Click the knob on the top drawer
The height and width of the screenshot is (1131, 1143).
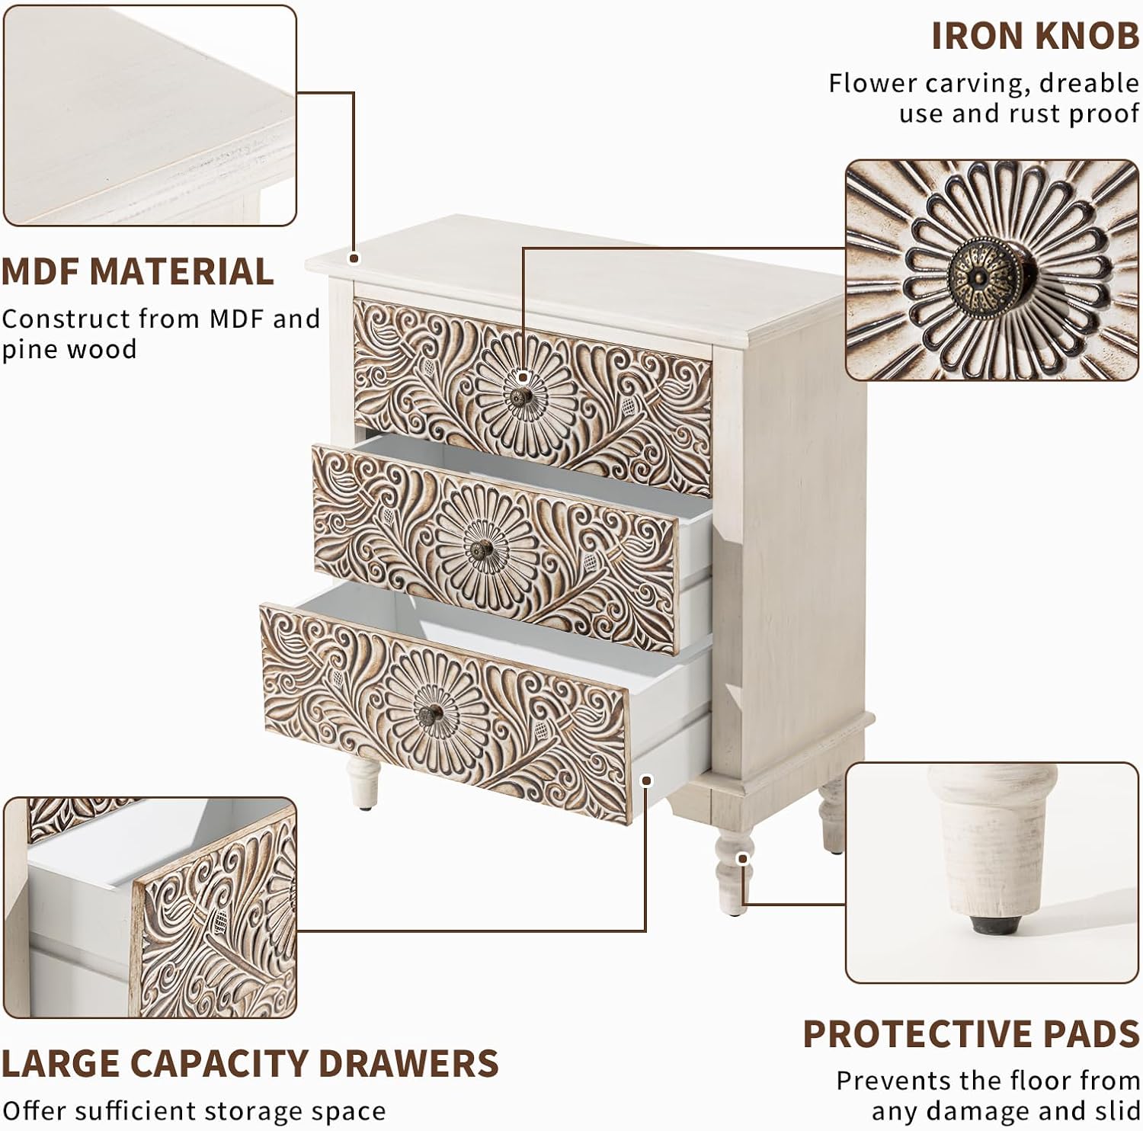(521, 396)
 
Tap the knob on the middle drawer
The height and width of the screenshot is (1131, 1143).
(482, 549)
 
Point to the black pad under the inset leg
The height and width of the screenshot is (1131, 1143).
(988, 924)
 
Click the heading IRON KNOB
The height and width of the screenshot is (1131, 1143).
(1035, 37)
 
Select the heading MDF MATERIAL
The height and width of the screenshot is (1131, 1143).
(137, 272)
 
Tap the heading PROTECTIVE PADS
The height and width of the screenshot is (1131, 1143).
(971, 1034)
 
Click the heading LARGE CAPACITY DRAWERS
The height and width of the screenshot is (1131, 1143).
(250, 1063)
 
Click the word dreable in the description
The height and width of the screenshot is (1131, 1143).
(1089, 82)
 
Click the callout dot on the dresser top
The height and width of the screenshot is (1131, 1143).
(354, 259)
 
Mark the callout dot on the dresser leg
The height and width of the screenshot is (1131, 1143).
(743, 858)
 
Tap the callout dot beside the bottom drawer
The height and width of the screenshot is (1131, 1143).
(647, 780)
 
